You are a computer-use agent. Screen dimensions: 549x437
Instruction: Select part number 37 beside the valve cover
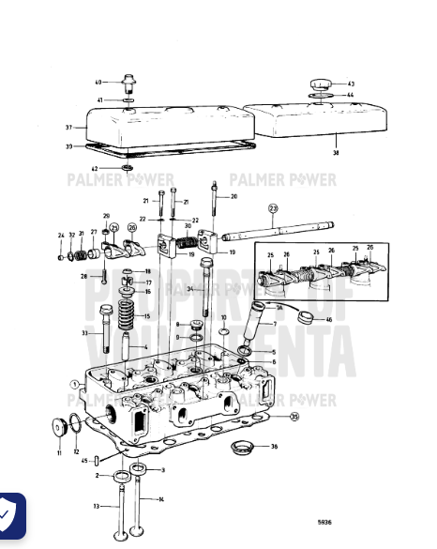point(68,128)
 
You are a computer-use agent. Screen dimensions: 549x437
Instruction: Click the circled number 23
point(273,208)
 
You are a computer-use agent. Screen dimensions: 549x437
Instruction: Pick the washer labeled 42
point(127,169)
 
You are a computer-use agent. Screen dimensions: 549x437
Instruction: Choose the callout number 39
point(68,147)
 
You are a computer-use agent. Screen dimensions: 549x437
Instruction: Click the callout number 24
point(60,236)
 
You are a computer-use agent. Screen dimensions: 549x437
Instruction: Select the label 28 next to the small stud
point(83,277)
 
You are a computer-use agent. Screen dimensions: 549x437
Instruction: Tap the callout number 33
point(84,333)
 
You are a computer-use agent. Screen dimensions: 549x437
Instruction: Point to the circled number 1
point(74,384)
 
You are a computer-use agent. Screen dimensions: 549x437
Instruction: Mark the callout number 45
point(85,460)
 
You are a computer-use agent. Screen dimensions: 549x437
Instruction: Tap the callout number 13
point(96,506)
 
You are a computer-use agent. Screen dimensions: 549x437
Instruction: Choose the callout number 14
point(161,499)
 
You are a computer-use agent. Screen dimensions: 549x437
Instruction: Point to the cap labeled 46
point(306,317)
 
